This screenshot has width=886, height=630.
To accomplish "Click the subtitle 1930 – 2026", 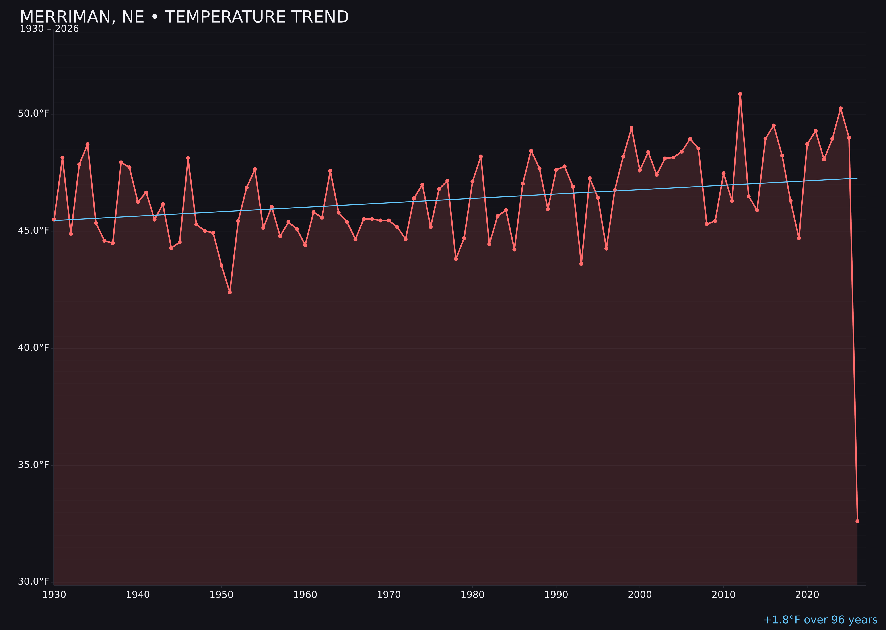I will coord(49,29).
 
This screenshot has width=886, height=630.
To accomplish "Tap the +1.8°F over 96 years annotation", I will coord(820,620).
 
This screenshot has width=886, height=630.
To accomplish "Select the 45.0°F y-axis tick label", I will coord(33,231).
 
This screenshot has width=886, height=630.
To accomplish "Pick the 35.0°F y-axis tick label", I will coord(33,465).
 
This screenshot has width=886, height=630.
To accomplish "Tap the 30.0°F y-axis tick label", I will coord(33,581).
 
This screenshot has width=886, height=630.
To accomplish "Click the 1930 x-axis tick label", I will coord(54,595).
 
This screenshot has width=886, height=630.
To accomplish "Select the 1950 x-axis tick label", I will coord(221,595).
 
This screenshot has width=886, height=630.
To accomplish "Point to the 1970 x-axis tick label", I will coord(389,595).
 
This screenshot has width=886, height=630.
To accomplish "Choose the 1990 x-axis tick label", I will coord(556,595).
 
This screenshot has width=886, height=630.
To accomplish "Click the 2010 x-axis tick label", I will coord(723,595).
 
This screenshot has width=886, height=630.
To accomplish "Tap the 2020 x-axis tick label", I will coord(807,595).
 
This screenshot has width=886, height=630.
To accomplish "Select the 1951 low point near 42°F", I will coord(230,292).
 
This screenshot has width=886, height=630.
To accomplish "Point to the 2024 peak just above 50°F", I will coord(841,109).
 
